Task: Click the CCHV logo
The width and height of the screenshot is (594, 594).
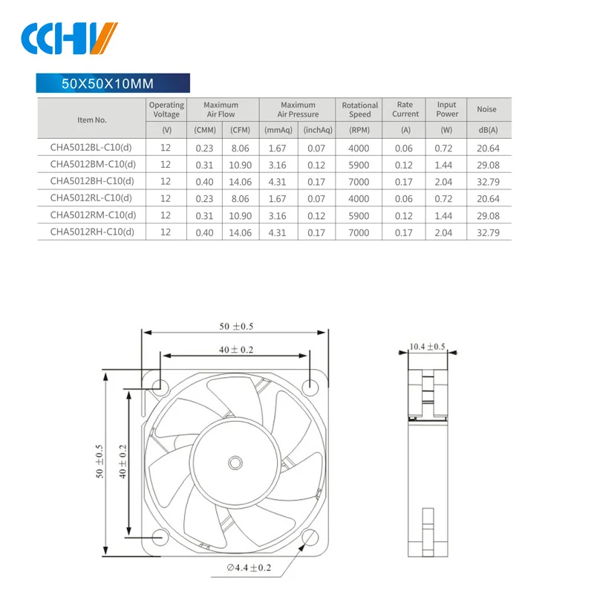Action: (x=70, y=38)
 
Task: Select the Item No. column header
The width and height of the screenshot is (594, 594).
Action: (x=92, y=119)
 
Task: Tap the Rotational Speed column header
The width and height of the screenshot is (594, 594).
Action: (x=359, y=110)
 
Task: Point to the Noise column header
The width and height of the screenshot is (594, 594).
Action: (x=486, y=110)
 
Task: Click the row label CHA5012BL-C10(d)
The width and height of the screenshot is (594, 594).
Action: (x=91, y=147)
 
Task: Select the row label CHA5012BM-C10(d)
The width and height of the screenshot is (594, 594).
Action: (x=92, y=164)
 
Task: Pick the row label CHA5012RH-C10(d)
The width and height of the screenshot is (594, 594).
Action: (x=92, y=232)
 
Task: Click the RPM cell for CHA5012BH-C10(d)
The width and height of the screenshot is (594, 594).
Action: (x=359, y=181)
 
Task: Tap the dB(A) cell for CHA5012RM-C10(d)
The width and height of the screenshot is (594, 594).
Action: (x=486, y=215)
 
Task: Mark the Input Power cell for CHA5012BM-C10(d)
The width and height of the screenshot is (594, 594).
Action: (x=446, y=164)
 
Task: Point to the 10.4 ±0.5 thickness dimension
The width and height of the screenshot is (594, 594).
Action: (x=427, y=347)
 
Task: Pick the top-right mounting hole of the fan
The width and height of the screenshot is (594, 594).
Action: (x=311, y=385)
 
